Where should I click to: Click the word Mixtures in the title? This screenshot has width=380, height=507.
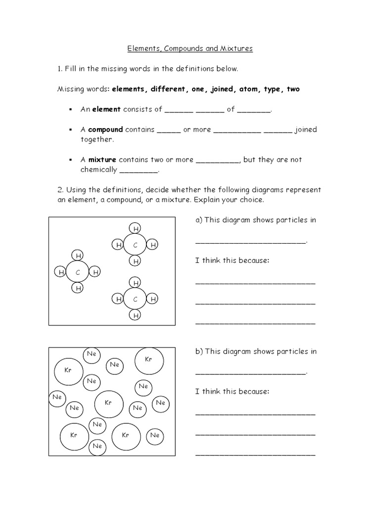235,49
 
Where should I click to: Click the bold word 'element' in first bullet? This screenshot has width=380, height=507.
106,109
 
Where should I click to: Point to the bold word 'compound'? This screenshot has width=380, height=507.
105,130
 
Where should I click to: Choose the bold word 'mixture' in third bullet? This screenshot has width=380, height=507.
102,160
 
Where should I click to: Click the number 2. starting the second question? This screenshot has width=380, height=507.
60,190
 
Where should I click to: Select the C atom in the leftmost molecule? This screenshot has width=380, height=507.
78,272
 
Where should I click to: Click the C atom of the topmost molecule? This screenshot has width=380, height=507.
136,245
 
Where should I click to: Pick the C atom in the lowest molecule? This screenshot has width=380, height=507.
136,299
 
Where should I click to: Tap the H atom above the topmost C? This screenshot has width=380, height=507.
136,228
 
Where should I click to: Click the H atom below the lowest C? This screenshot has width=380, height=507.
136,315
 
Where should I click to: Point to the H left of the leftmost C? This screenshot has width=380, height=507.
61,272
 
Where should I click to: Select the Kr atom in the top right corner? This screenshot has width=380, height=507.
148,360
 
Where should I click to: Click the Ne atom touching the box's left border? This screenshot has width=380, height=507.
57,397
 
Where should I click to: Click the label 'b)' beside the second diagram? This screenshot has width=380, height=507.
199,352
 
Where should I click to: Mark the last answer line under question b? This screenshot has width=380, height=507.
255,455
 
